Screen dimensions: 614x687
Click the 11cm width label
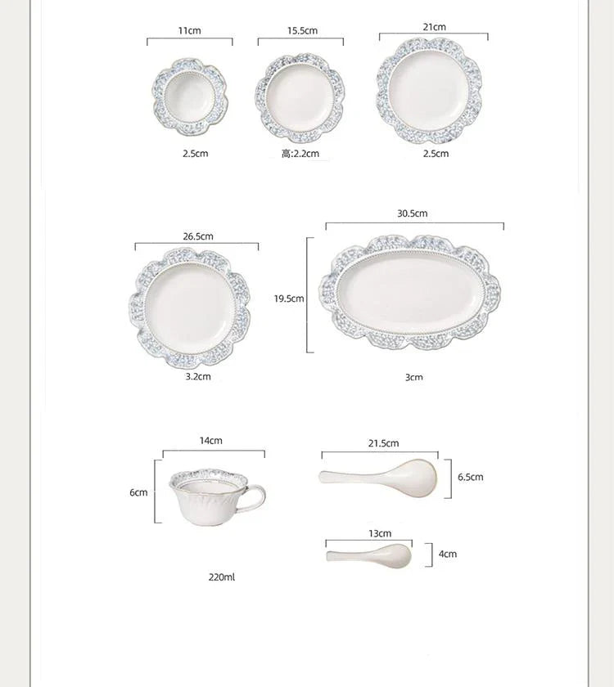point(189,31)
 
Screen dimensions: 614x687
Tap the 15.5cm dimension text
point(302,31)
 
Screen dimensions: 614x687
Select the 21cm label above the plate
point(434,27)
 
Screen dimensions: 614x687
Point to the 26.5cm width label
point(198,236)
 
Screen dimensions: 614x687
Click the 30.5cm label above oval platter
point(413,213)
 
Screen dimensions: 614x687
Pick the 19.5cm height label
point(288,299)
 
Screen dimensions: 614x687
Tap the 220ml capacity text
point(222,577)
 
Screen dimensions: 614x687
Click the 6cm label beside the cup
point(138,492)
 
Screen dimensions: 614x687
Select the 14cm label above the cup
point(211,440)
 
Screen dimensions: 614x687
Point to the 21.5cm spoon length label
point(383,443)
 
